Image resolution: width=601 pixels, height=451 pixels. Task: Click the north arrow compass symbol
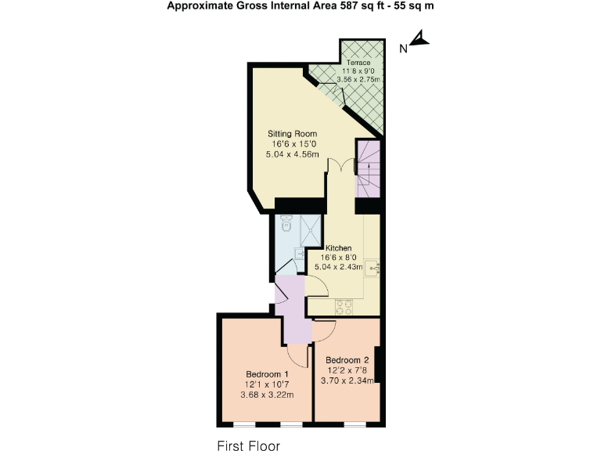coord(421,39)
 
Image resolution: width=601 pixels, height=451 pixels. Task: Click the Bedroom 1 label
coord(268,373)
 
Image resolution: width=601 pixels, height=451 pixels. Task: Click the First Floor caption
coord(248,446)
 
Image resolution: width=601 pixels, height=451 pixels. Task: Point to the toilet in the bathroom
coord(286,225)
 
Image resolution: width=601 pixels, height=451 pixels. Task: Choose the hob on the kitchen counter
coord(345,305)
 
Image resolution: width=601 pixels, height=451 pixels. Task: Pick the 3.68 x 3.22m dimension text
coord(268,394)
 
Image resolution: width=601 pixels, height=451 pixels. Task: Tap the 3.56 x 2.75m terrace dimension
coord(358,80)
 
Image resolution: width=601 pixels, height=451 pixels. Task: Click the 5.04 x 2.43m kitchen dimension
coord(339,267)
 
